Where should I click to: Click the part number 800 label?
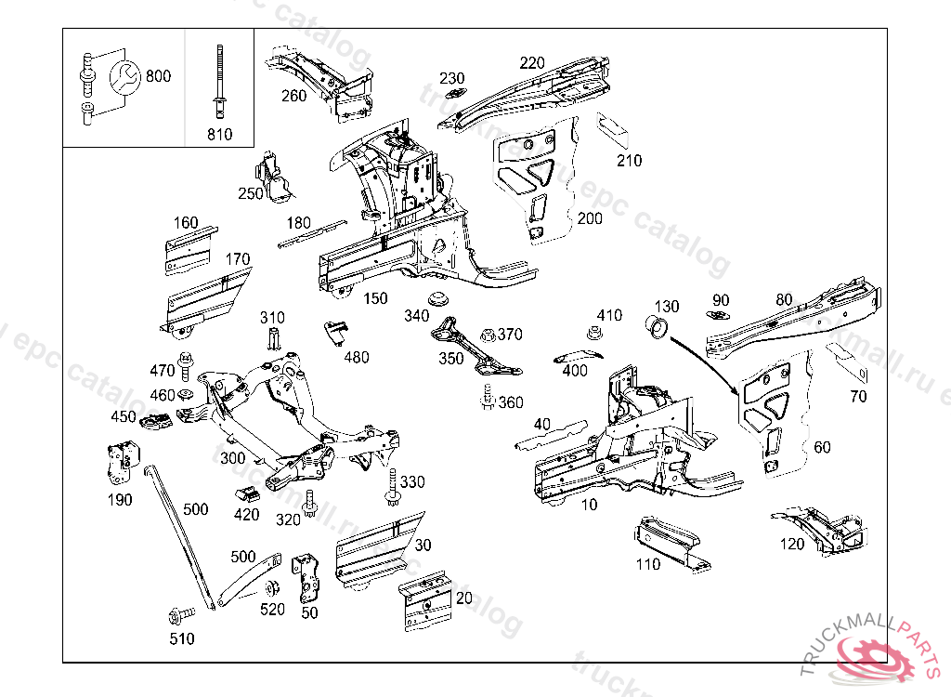158,76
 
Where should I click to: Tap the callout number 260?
293,96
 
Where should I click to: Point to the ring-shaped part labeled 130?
658,327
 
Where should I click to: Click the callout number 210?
630,161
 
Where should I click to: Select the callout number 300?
233,458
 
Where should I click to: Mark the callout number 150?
375,298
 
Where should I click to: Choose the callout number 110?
647,564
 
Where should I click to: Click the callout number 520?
272,610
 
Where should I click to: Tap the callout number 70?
858,397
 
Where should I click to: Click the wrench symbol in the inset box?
124,78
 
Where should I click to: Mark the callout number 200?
590,218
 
